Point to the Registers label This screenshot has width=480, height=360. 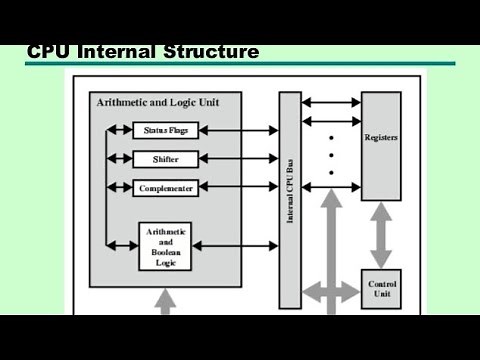[x=382, y=139]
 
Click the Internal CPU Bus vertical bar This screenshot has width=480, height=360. [x=289, y=200]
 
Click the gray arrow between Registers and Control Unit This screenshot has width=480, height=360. [x=383, y=233]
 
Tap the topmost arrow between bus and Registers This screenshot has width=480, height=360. [x=330, y=102]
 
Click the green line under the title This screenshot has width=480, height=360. [x=240, y=64]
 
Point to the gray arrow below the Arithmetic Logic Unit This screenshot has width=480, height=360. [x=165, y=303]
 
